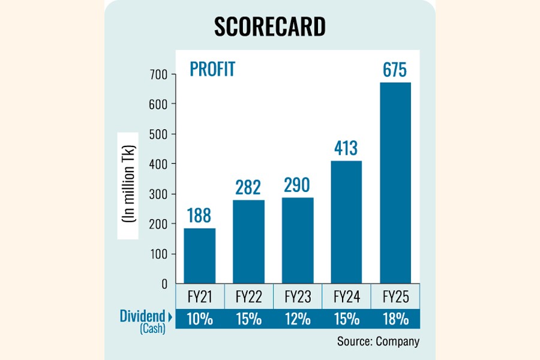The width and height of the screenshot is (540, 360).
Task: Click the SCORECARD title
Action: [269, 26]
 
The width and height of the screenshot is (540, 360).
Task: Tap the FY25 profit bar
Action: [395, 182]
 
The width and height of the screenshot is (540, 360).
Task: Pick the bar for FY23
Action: [297, 240]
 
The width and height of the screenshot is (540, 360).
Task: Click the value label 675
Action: [395, 70]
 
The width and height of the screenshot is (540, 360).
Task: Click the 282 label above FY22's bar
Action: [248, 187]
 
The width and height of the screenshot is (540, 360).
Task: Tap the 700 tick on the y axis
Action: [159, 74]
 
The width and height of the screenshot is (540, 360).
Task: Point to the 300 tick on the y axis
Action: [159, 194]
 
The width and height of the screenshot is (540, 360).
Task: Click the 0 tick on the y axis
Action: [164, 284]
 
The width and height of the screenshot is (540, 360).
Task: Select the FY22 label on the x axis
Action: [248, 297]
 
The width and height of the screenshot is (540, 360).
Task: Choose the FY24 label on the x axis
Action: [346, 297]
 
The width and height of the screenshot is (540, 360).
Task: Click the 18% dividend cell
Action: [395, 319]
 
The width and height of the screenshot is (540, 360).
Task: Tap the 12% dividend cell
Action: [297, 319]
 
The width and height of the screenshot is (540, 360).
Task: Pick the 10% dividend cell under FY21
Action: [199, 319]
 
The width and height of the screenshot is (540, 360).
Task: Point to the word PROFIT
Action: [212, 70]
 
